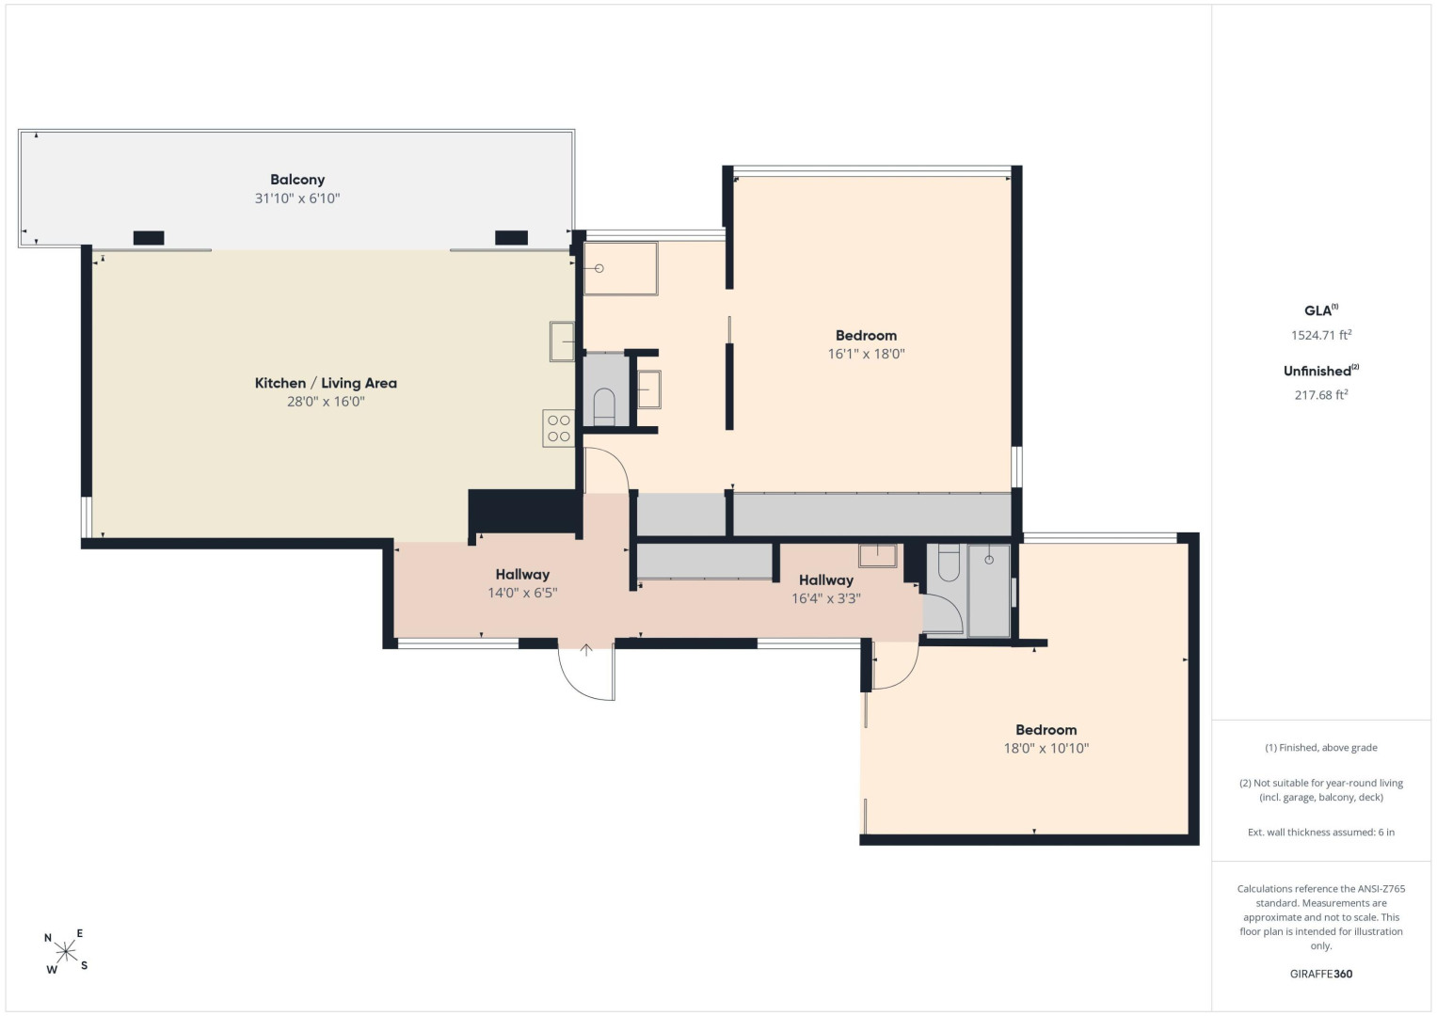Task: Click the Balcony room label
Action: click(297, 180)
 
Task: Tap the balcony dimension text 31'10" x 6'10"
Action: click(297, 198)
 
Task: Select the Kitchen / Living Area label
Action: click(326, 383)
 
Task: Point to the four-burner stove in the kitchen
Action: click(559, 428)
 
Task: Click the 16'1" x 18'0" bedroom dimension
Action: click(866, 354)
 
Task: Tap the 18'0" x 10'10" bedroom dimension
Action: click(1046, 748)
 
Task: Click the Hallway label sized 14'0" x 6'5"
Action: click(522, 574)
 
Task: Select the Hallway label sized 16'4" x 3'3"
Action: click(825, 579)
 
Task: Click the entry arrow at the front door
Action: click(585, 650)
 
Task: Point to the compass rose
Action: click(66, 951)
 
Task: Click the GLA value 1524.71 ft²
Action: click(1321, 334)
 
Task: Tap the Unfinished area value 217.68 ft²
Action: click(1321, 394)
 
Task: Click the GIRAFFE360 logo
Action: click(1321, 974)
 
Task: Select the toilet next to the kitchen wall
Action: click(604, 406)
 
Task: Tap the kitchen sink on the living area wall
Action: click(563, 341)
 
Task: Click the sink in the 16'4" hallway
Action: click(878, 555)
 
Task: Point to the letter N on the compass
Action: click(47, 938)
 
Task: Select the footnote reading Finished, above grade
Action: click(1321, 747)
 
